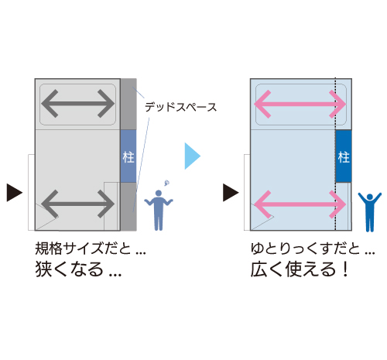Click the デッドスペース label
coord(180,107)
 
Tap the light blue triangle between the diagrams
coord(192,156)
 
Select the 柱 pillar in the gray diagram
coord(128,156)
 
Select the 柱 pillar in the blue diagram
coord(344,156)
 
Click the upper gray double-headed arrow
coord(77,104)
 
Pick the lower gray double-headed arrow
coord(77,204)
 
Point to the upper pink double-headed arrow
coord(300,104)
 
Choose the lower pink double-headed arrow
coord(300,204)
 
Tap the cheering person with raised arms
coord(370,212)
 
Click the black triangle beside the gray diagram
coord(14,193)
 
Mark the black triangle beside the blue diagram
coord(231,193)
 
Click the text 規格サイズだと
coord(83,249)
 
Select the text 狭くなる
coord(69,269)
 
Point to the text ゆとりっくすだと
coord(305,249)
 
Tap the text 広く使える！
coord(300,269)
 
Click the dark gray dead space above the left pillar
coord(128,105)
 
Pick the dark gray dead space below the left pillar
coord(128,207)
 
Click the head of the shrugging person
coord(159,193)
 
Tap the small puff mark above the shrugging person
coord(167,183)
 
